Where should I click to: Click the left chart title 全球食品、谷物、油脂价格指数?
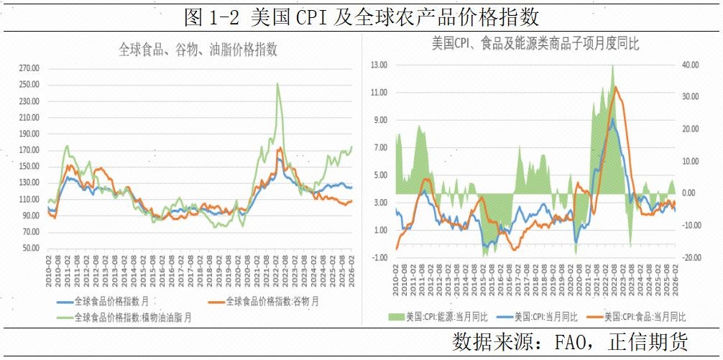[x=198, y=50]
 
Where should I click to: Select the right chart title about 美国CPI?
[x=535, y=44]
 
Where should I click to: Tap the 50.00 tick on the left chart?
[x=31, y=248]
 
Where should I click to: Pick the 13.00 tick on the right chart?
[x=378, y=65]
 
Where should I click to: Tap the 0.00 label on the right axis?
[x=689, y=193]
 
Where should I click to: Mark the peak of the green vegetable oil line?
[x=277, y=83]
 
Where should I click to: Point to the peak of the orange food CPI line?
[x=614, y=87]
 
